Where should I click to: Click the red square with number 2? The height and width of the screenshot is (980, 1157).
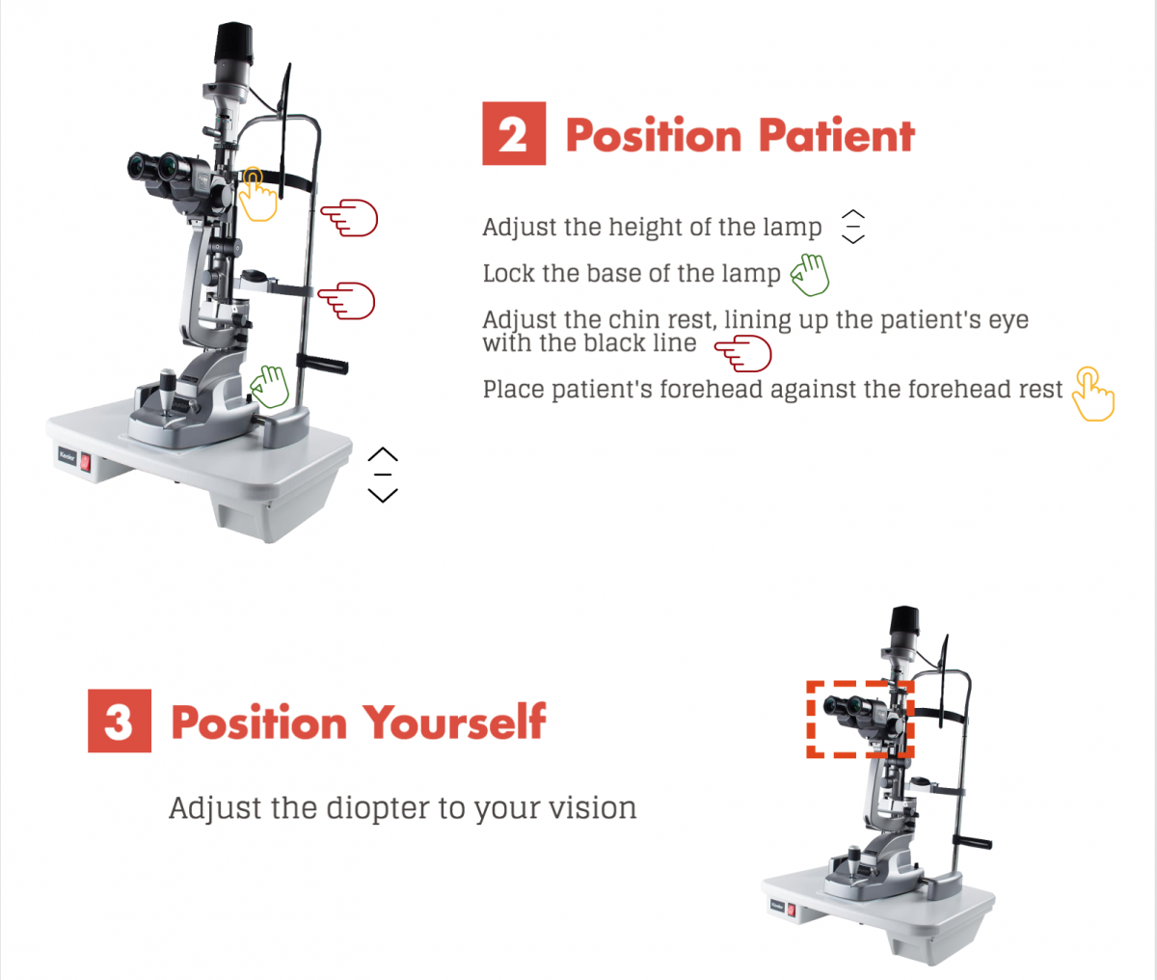(514, 133)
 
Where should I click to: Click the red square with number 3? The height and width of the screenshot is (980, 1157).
(120, 721)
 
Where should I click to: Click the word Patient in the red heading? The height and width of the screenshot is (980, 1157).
(837, 135)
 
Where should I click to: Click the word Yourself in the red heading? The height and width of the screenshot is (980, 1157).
(454, 721)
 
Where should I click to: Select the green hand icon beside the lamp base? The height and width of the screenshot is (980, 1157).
(270, 387)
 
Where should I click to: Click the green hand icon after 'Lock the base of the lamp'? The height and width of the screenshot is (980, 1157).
(810, 274)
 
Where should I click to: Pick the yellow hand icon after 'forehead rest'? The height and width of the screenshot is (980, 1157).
(1093, 394)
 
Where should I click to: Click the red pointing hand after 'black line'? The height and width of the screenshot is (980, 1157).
(743, 353)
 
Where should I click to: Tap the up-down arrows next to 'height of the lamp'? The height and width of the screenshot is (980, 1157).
(853, 227)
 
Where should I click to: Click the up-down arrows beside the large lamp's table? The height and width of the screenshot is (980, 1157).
(383, 475)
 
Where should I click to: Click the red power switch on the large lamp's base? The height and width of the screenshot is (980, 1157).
(85, 462)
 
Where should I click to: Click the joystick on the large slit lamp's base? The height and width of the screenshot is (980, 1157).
(168, 392)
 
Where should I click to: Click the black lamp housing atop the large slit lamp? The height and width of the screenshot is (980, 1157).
(235, 43)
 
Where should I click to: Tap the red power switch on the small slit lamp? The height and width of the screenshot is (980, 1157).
(791, 910)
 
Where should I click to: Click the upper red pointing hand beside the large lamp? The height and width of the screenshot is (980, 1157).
(349, 217)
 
